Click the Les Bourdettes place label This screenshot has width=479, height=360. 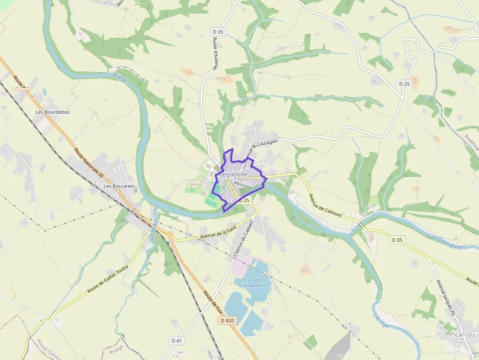coord(53,112)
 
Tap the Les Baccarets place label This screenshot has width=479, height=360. coord(119,186)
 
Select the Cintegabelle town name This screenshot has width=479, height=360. coord(229,174)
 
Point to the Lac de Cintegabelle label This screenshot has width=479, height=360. coord(253,282)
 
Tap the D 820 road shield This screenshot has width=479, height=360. coord(227,320)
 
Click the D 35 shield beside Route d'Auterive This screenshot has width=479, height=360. coord(218,32)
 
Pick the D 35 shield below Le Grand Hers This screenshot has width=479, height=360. coord(397,240)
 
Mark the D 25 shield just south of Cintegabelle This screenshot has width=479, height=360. coord(244,200)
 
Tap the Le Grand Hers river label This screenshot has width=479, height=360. coord(449,242)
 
